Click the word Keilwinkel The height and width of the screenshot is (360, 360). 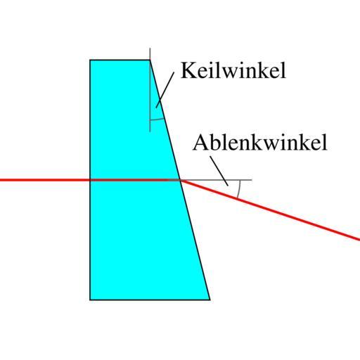point(233,70)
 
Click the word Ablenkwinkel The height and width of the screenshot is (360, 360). point(260,142)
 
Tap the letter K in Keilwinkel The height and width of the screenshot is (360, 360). point(188,70)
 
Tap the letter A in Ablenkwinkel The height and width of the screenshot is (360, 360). point(200,142)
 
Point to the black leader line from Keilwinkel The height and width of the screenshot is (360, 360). point(165,90)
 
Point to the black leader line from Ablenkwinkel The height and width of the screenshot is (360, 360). point(219,171)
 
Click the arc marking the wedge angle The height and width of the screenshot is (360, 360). point(157,119)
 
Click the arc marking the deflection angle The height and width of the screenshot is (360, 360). point(239,189)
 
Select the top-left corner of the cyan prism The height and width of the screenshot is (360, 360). point(90,60)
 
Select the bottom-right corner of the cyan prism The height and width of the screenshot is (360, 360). point(210,300)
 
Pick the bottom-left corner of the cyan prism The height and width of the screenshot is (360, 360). point(90,300)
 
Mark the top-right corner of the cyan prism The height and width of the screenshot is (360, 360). point(150,60)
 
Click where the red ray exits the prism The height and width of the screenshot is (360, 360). point(180,180)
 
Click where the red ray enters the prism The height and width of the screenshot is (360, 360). point(90,180)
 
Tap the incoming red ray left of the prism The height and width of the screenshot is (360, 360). point(45,180)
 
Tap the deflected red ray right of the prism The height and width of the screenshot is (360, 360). point(270,210)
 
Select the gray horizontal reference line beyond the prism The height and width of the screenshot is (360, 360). point(216,180)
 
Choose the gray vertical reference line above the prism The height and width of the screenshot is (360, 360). point(150,90)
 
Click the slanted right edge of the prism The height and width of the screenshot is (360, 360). point(180,180)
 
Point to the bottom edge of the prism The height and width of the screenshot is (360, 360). point(150,300)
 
